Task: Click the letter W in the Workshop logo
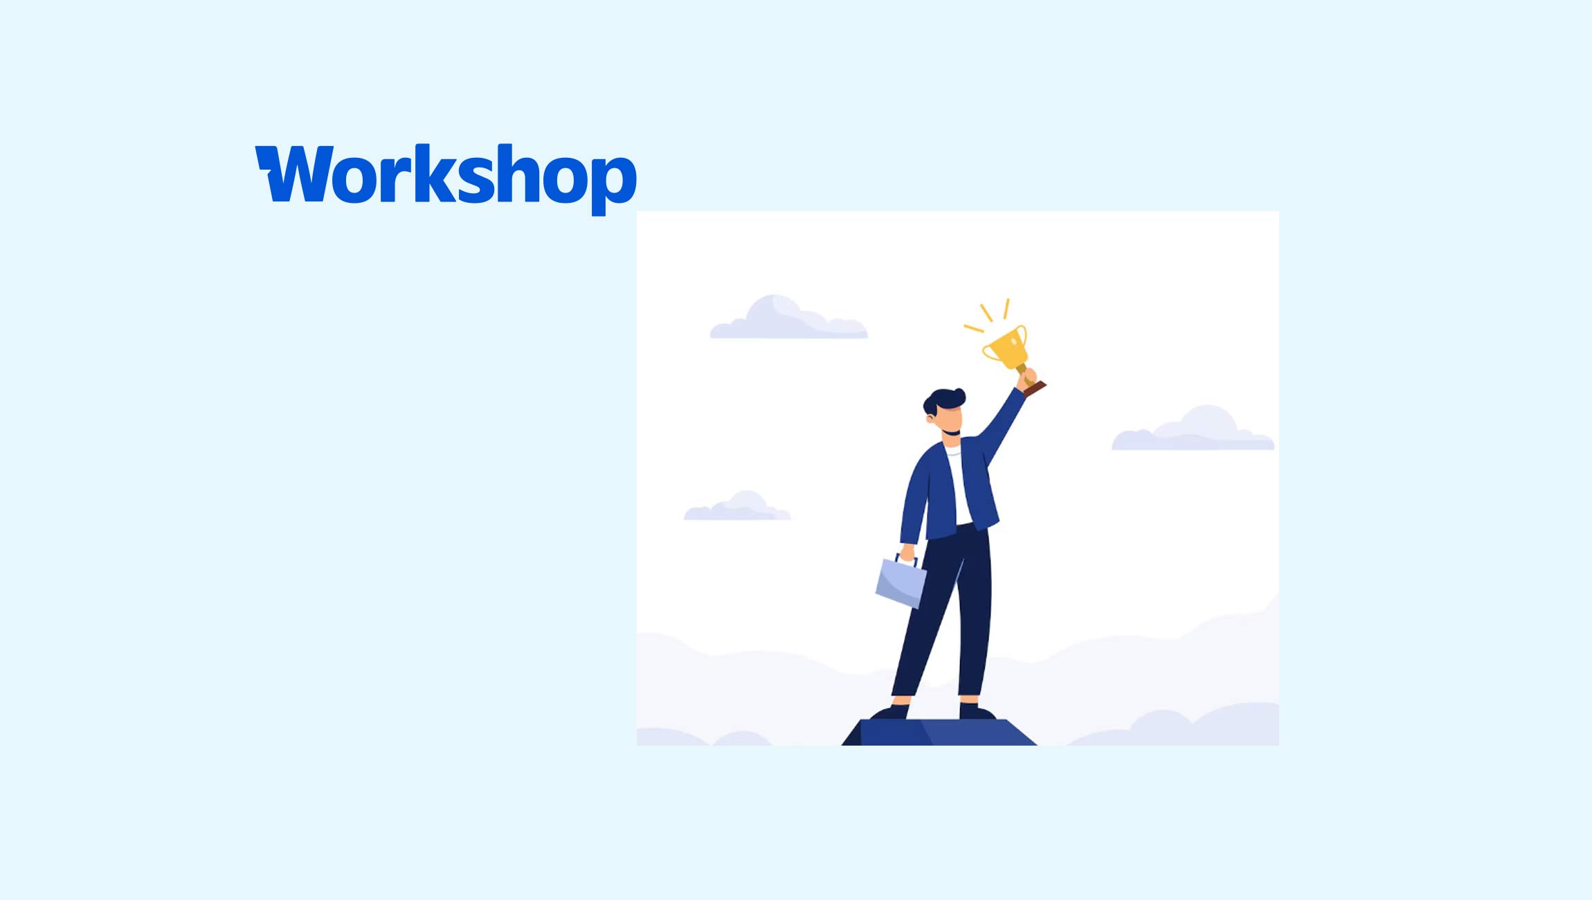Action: [x=291, y=173]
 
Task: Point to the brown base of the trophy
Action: [x=1035, y=388]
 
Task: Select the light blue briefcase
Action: [x=901, y=582]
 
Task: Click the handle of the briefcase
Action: [x=906, y=559]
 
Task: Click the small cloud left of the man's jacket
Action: [x=738, y=508]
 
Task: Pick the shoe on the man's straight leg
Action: [x=977, y=711]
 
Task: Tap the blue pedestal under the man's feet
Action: [x=939, y=732]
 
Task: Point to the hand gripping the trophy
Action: [x=1027, y=378]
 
